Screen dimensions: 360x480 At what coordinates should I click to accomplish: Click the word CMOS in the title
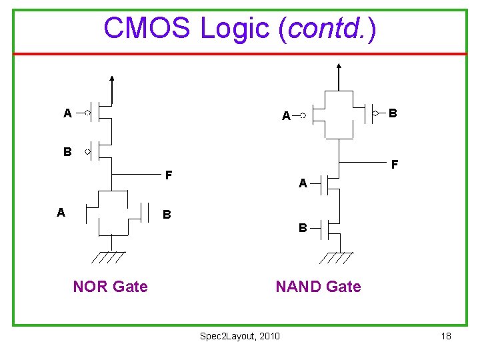[x=147, y=28]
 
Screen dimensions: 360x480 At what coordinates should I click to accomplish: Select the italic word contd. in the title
[x=327, y=28]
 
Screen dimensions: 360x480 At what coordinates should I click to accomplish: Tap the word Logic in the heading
[x=236, y=28]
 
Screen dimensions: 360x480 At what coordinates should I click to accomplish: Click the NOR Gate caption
[x=110, y=287]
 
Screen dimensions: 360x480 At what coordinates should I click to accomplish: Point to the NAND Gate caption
[x=318, y=287]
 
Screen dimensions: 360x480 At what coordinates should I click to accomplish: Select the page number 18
[x=446, y=336]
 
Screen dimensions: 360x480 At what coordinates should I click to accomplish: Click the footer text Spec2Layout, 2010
[x=240, y=336]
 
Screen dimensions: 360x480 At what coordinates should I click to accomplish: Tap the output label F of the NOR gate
[x=169, y=176]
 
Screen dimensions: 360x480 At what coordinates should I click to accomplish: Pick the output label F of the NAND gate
[x=395, y=163]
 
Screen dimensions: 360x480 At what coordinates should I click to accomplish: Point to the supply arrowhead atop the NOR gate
[x=112, y=78]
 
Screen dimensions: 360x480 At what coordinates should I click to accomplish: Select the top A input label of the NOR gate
[x=67, y=113]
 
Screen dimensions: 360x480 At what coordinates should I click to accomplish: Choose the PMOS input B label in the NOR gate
[x=67, y=152]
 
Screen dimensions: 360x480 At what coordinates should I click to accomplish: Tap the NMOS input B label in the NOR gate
[x=167, y=215]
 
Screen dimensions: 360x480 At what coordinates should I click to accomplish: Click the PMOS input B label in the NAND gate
[x=393, y=113]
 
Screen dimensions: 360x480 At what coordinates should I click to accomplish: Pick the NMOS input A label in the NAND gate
[x=303, y=183]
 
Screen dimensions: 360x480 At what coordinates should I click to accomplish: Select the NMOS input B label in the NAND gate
[x=303, y=228]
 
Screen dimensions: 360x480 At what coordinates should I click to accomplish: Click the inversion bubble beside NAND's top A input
[x=303, y=116]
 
